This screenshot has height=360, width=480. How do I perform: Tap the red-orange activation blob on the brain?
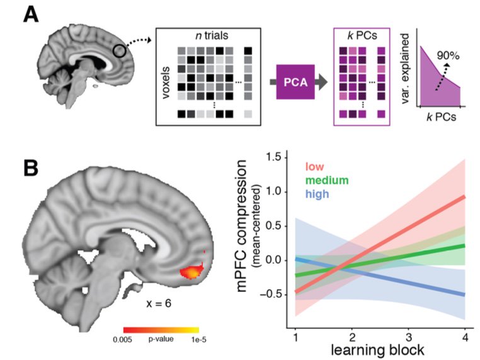(x=192, y=273)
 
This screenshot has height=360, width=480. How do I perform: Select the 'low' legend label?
(x=314, y=167)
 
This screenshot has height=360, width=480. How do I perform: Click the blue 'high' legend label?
(x=317, y=196)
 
